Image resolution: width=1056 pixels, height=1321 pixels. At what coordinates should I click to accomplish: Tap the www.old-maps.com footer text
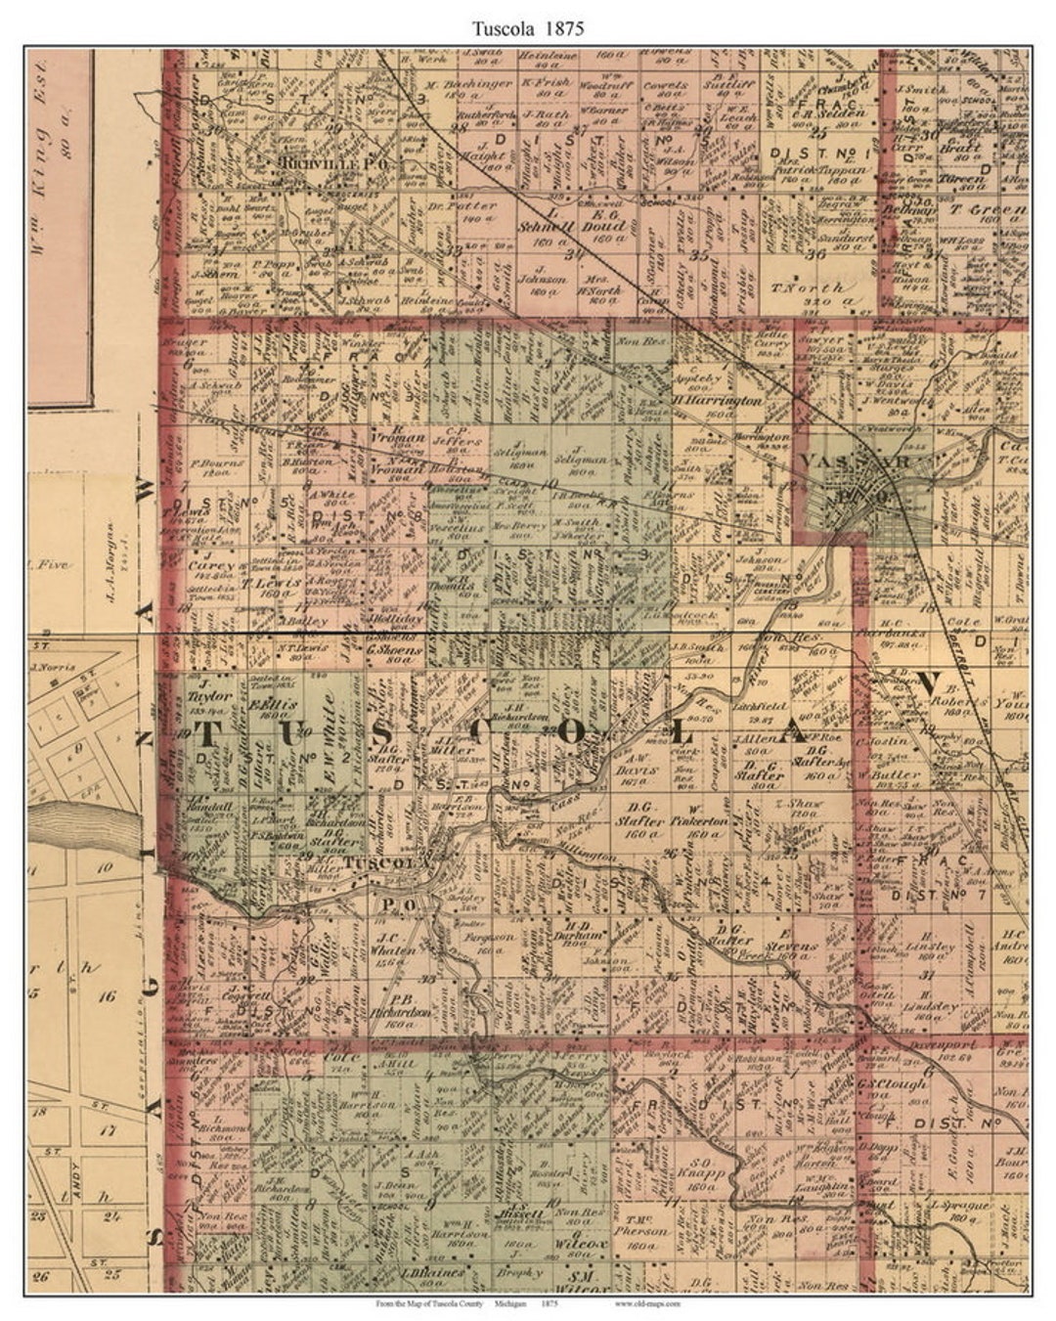[x=648, y=1303]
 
